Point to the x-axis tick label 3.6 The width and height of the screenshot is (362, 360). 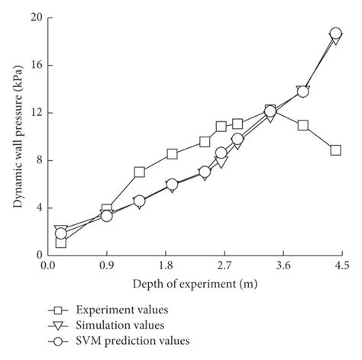point(283,265)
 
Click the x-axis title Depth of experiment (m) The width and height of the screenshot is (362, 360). point(194,283)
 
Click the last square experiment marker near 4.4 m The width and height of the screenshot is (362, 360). point(335,150)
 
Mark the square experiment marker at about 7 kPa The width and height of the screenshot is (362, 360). point(139,172)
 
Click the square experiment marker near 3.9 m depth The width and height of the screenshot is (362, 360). point(303,125)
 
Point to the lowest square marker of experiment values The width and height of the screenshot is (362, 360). point(61,242)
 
